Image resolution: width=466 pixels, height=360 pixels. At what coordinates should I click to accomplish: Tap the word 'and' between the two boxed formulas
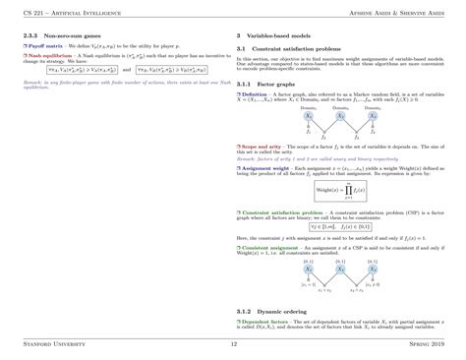pyautogui.click(x=126, y=97)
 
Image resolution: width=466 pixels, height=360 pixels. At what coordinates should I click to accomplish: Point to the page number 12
pyautogui.click(x=233, y=345)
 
